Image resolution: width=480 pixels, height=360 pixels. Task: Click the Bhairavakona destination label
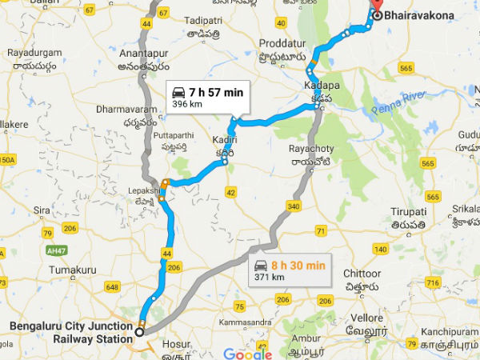[x=421, y=15]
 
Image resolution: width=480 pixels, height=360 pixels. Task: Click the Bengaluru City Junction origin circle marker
[x=139, y=331]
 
